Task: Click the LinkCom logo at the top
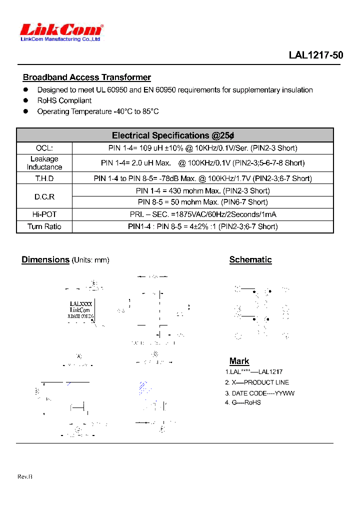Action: click(61, 31)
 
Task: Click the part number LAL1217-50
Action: click(315, 55)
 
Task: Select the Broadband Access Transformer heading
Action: click(86, 77)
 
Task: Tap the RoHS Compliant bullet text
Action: click(64, 100)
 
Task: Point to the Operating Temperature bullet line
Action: click(97, 111)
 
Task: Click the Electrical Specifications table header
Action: click(173, 135)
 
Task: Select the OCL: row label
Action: click(44, 148)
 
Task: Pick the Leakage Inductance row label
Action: click(44, 163)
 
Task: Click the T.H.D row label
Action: click(44, 178)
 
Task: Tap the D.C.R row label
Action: click(44, 197)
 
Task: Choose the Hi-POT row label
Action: click(44, 214)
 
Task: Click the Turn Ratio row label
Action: click(44, 226)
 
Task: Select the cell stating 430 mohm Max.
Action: click(202, 191)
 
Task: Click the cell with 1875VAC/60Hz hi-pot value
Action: click(202, 214)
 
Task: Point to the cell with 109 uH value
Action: click(202, 148)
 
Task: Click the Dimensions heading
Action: click(45, 260)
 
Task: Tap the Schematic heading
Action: click(250, 260)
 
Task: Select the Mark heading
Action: click(239, 361)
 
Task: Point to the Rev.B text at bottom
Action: click(25, 477)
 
